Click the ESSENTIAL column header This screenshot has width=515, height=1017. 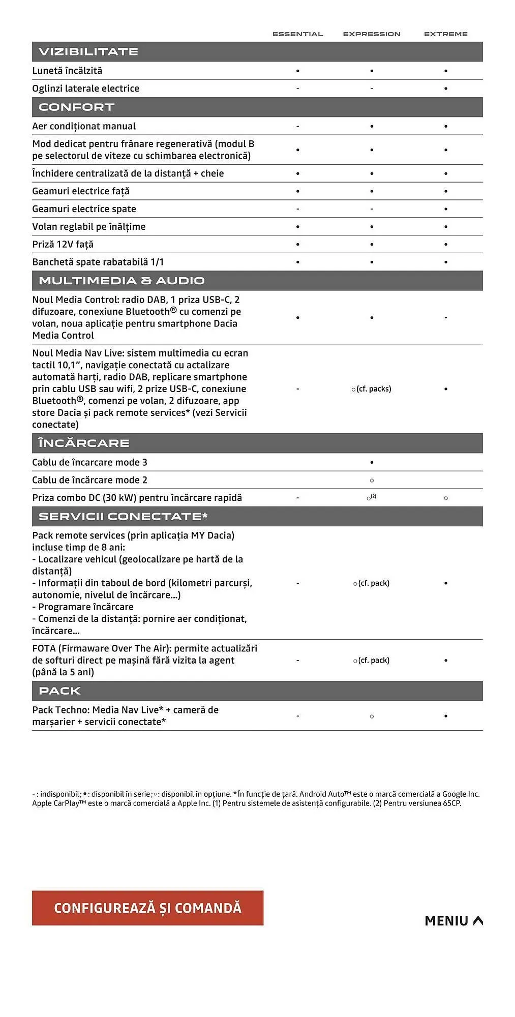coord(297,34)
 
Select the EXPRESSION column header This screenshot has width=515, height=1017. coord(372,34)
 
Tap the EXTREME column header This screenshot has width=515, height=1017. coord(445,34)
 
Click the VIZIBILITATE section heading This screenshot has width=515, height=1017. coord(88,52)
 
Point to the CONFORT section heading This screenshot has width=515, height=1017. coord(76,107)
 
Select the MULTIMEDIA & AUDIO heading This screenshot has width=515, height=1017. coord(122,281)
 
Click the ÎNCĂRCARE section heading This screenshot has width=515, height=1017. coord(84,443)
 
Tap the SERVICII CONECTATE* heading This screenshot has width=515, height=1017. coord(123,517)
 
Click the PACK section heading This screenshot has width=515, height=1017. coord(60,691)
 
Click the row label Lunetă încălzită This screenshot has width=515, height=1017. coord(67,71)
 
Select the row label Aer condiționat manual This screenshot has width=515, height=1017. coord(84,126)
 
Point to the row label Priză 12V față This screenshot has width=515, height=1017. coord(63,245)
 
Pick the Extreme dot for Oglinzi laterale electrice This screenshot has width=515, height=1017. coord(446,88)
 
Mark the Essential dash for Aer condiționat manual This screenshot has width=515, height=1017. coord(297,126)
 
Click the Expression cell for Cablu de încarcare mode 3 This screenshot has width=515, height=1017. coord(372,463)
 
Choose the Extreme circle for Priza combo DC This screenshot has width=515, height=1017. coord(446,498)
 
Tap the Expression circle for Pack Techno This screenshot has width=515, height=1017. coord(372,716)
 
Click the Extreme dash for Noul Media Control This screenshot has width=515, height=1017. coord(446,318)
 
